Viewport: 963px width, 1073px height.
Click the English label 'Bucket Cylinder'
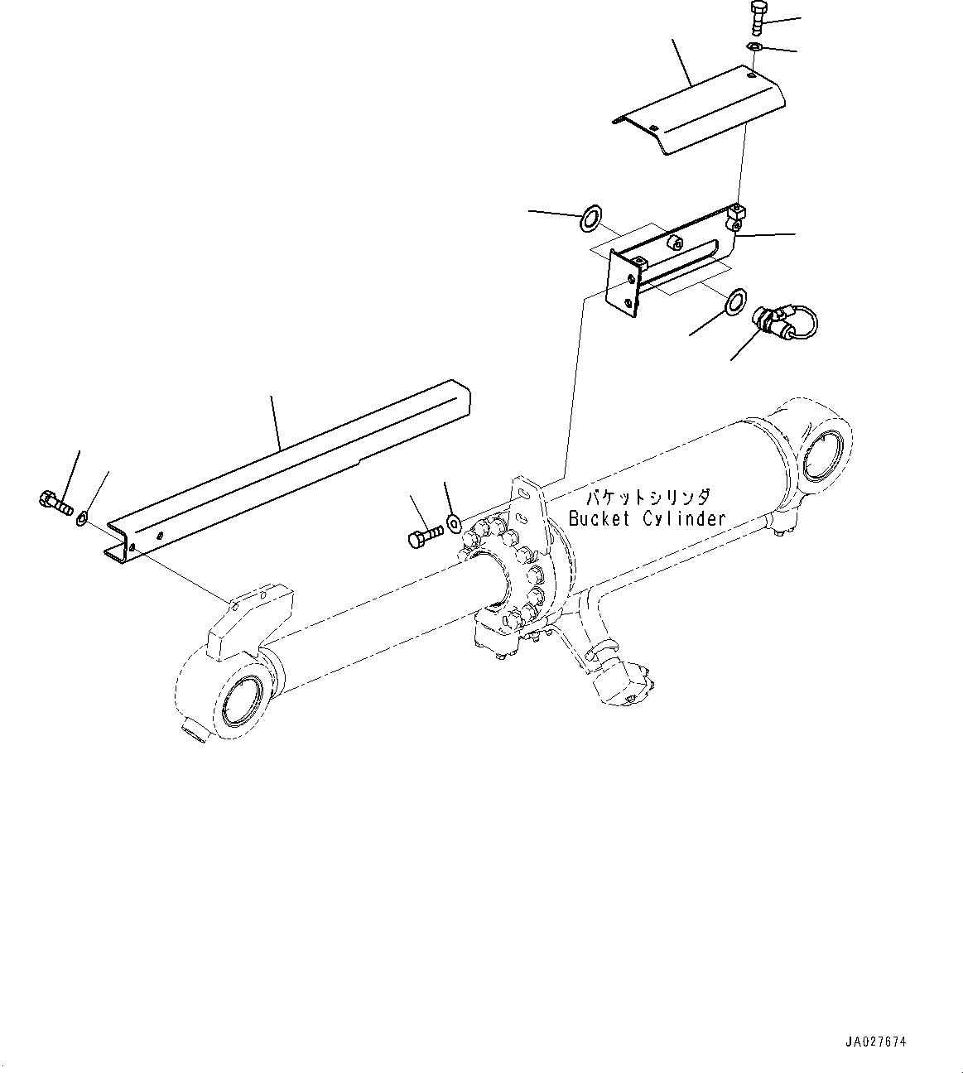[x=647, y=518]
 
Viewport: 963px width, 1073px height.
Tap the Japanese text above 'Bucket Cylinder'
[x=648, y=498]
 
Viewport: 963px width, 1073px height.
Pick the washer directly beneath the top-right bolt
[x=754, y=47]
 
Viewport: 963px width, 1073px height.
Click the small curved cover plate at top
[x=700, y=112]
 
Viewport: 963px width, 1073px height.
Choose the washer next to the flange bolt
[x=454, y=522]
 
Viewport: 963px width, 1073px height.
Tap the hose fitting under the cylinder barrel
[x=624, y=681]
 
